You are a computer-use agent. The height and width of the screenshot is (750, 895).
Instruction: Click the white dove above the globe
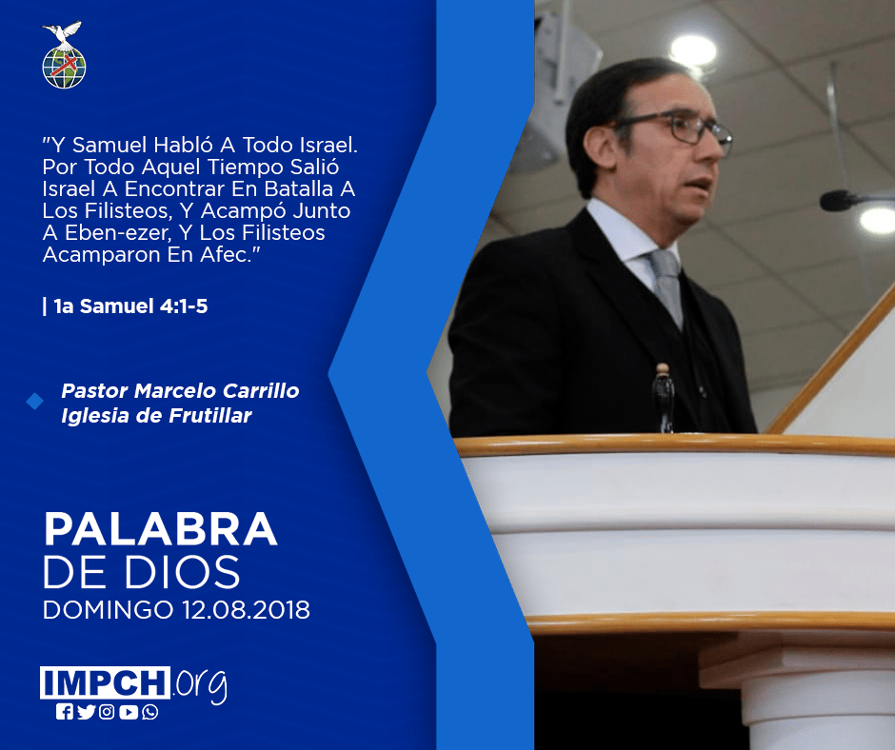coord(62,34)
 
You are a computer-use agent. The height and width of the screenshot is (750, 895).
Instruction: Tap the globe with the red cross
coord(64,68)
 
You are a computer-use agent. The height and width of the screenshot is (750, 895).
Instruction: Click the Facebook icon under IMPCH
coord(65,712)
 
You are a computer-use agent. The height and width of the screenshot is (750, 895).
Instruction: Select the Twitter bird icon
coord(86,712)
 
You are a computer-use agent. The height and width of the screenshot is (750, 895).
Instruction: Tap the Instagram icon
coord(107,712)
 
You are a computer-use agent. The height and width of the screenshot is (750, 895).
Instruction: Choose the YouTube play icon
coord(129,712)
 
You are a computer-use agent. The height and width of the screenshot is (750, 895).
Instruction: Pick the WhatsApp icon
coord(150,712)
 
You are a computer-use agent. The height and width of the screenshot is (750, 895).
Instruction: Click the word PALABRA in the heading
coord(160,529)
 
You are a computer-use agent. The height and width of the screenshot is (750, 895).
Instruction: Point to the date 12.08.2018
coord(246,609)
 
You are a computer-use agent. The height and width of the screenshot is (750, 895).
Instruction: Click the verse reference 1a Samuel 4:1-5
coord(130,306)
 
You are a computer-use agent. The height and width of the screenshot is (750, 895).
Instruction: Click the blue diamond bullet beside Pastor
coord(35,402)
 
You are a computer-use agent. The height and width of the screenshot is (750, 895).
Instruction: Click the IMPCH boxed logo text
coord(105,682)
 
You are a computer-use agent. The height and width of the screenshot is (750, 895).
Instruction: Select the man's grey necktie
coord(666,286)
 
